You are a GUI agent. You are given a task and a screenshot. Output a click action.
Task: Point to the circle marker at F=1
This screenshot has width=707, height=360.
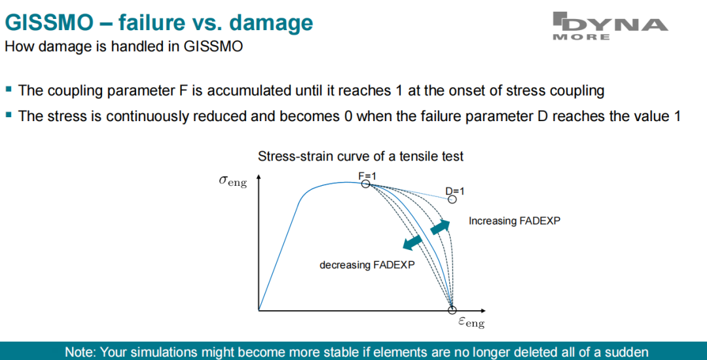[365, 183]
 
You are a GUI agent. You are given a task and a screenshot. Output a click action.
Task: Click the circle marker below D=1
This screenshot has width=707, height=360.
[452, 199]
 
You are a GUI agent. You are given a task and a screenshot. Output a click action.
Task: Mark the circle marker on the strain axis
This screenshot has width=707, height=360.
[452, 310]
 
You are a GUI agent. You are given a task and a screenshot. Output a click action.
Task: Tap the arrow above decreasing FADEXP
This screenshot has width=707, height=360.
[413, 242]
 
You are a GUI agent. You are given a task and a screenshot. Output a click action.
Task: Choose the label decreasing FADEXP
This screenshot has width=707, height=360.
[367, 265]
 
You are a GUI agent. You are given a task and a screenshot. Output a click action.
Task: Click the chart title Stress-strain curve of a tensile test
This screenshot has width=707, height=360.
[360, 157]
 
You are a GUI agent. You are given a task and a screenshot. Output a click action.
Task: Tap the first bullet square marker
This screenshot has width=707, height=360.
[8, 90]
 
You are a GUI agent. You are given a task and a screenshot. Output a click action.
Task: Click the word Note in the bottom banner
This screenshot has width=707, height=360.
[79, 351]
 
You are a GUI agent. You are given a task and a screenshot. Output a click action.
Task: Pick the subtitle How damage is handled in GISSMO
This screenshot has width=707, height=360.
[123, 47]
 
